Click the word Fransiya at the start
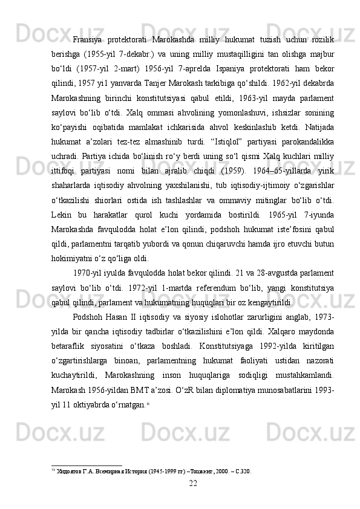click(86, 24)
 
